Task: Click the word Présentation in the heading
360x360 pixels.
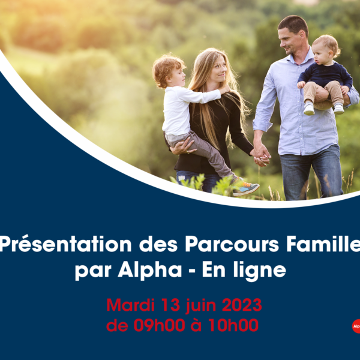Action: [66, 244]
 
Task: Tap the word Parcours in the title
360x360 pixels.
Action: [232, 244]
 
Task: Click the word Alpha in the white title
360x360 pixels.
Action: [150, 269]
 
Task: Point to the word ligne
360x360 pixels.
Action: [260, 270]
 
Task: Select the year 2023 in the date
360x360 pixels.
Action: [242, 305]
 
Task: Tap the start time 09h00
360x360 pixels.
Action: [160, 325]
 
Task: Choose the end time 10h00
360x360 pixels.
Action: [233, 325]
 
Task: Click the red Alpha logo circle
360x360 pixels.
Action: [356, 326]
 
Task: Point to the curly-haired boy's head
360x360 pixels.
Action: [169, 71]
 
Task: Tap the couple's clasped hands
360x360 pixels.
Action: [261, 155]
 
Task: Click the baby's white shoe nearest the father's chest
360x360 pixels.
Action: [309, 109]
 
